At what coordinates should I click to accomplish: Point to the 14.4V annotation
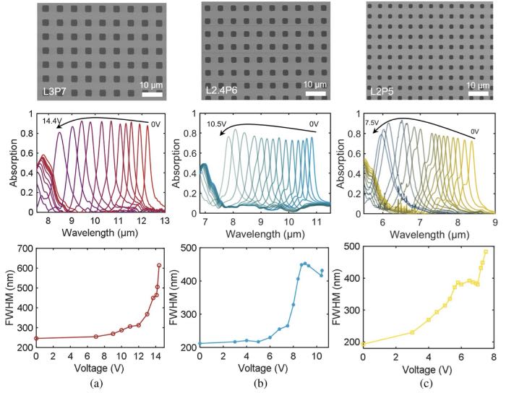(51, 120)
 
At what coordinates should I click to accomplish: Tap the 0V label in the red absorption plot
(155, 124)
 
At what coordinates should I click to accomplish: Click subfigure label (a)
(95, 384)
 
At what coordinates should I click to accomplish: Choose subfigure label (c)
(425, 384)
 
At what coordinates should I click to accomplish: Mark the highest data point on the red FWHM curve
(159, 265)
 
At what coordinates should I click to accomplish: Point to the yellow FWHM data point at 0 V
(363, 344)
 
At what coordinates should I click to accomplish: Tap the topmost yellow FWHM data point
(486, 252)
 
